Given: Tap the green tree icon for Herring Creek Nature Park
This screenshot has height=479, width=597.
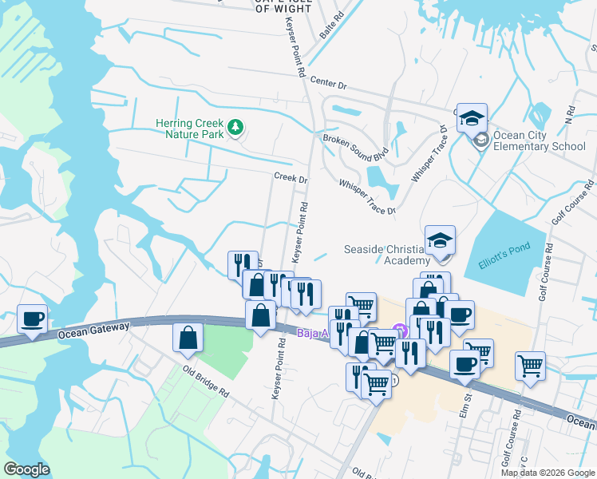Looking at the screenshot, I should [235, 127].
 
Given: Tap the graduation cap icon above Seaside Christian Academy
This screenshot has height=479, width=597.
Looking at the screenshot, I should [439, 239].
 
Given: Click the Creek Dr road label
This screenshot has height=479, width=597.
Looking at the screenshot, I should [291, 178].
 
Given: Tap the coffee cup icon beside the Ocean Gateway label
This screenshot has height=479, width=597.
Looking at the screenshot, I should [32, 319].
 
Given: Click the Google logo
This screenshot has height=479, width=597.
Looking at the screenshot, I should [26, 469].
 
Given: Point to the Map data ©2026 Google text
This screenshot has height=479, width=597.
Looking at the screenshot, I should [548, 473].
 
